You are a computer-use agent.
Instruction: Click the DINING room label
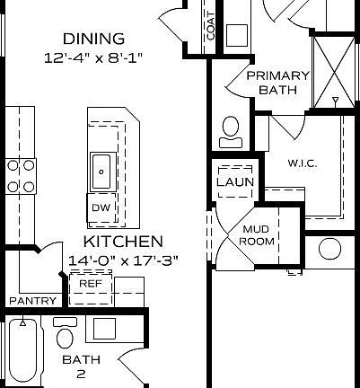pyautogui.click(x=93, y=39)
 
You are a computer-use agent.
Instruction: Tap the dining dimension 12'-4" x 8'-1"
pyautogui.click(x=93, y=57)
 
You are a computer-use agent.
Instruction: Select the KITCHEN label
pyautogui.click(x=123, y=242)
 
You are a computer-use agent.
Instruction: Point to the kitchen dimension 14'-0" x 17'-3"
pyautogui.click(x=123, y=260)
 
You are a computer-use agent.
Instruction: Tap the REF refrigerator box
pyautogui.click(x=90, y=283)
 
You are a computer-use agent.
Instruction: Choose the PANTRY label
pyautogui.click(x=32, y=301)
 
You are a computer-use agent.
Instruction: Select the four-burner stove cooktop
pyautogui.click(x=21, y=176)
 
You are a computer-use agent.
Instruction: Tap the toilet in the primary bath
pyautogui.click(x=230, y=131)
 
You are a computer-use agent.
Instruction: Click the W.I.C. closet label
pyautogui.click(x=302, y=163)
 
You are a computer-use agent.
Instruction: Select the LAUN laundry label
pyautogui.click(x=235, y=182)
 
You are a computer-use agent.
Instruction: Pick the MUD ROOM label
pyautogui.click(x=256, y=235)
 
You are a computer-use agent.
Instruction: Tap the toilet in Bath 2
pyautogui.click(x=65, y=337)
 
